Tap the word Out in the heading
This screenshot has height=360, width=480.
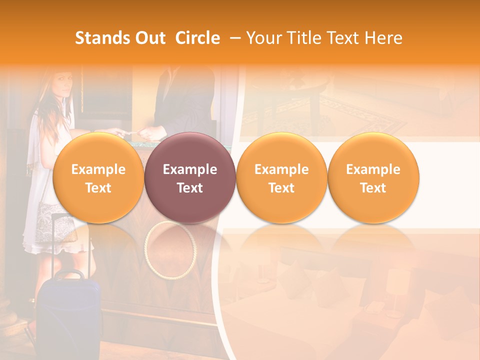149,38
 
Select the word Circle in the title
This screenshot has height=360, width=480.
197,38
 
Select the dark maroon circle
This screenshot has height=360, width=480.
190,178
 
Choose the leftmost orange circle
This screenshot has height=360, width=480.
98,178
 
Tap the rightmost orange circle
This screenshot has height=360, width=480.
373,178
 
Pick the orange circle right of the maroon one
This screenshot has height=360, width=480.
281,178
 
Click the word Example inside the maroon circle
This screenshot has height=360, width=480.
190,169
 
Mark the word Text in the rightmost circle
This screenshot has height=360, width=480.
373,188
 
